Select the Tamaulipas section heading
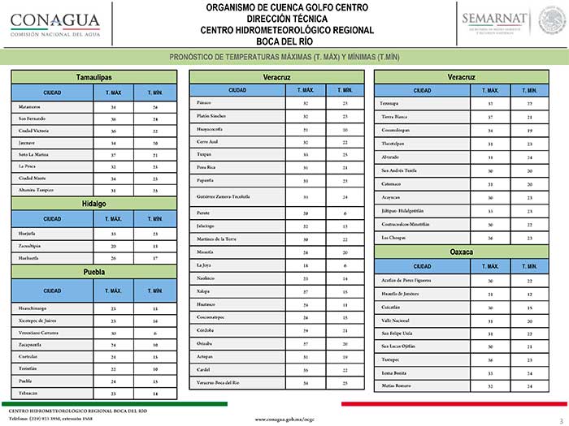point(93,76)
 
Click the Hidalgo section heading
point(93,203)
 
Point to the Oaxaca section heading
point(462,252)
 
